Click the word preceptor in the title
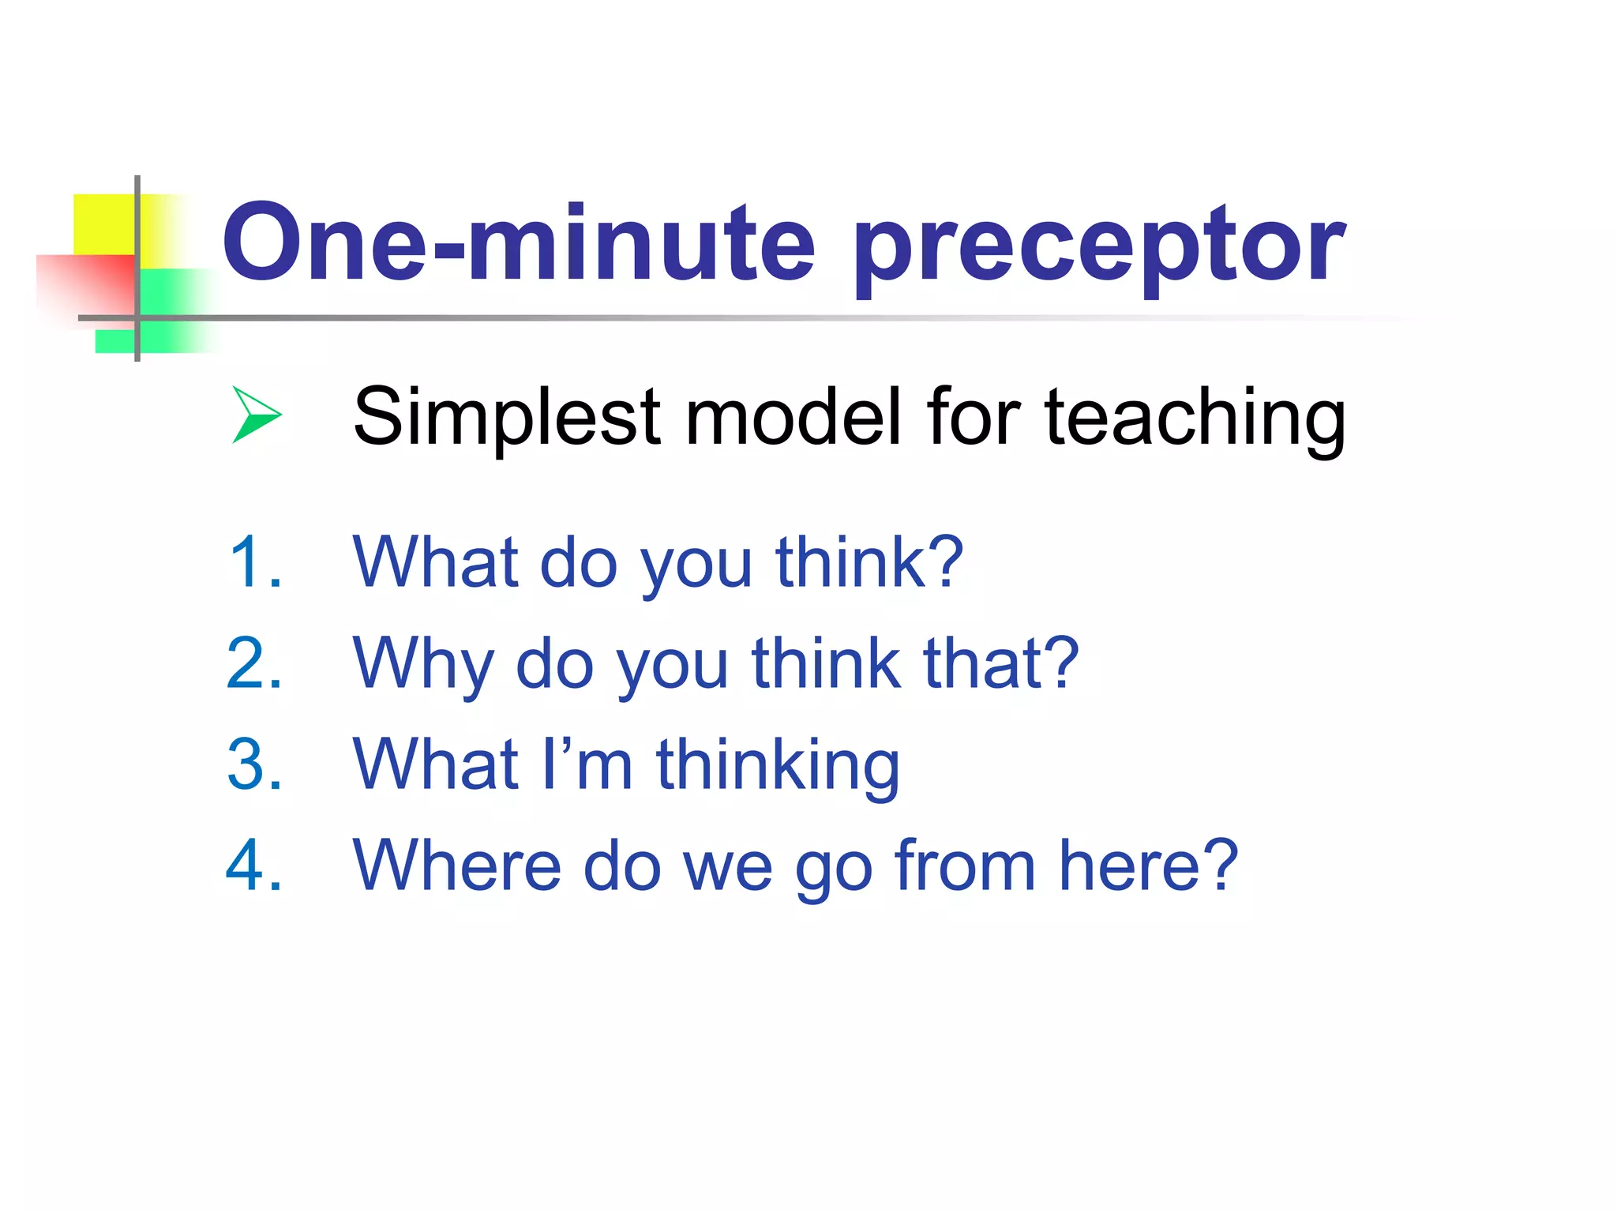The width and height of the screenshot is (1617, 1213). (x=1099, y=246)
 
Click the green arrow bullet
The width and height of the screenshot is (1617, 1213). (x=256, y=415)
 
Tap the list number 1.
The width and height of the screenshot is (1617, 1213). (x=254, y=562)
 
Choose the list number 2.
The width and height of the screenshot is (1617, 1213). (x=254, y=663)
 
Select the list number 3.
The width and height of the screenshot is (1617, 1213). (x=254, y=764)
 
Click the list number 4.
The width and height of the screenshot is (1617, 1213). (x=254, y=866)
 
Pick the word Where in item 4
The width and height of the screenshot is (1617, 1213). (x=457, y=866)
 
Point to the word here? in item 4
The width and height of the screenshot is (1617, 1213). (x=1148, y=866)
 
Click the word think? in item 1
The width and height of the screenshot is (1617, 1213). (x=869, y=562)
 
